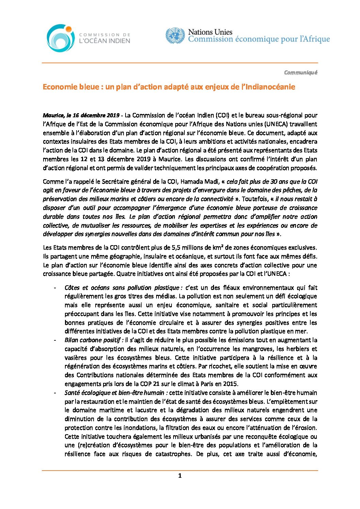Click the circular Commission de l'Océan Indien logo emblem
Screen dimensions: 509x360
click(x=60, y=38)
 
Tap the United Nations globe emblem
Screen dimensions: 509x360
click(x=175, y=36)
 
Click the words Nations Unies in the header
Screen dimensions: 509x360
click(x=210, y=32)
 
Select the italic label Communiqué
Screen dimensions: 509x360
click(x=300, y=72)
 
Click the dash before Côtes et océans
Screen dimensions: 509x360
click(x=55, y=288)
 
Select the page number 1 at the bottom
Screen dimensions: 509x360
click(x=180, y=476)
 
